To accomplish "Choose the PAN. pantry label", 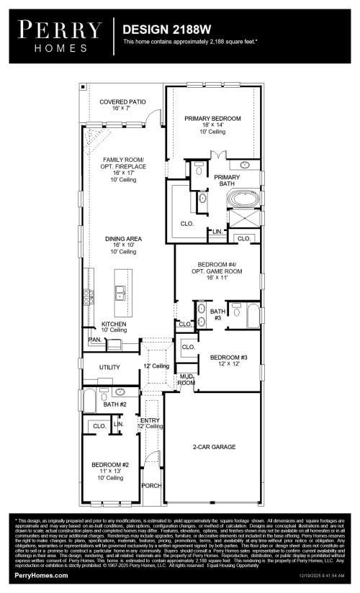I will click(94, 339).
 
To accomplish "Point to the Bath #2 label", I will click(114, 404).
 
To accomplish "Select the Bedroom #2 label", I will click(109, 469).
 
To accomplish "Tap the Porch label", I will click(150, 485).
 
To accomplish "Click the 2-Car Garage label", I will click(214, 447).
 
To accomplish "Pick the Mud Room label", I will click(186, 379).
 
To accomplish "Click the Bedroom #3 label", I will click(228, 361).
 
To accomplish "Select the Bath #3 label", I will click(217, 314).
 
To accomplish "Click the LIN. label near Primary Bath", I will click(217, 232).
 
